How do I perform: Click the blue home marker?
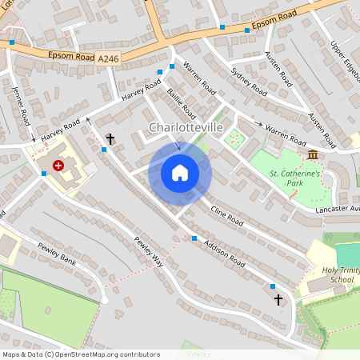click(x=180, y=173)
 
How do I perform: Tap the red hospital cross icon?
click(x=58, y=166)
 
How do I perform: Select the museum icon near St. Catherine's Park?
click(x=310, y=154)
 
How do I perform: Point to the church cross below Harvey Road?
click(x=110, y=139)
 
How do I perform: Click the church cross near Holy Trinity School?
click(x=278, y=299)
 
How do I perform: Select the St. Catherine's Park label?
click(x=295, y=178)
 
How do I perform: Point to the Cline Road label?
click(x=226, y=214)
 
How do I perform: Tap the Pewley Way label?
click(x=148, y=251)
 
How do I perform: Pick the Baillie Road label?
click(x=182, y=106)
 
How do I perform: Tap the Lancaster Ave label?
click(x=337, y=208)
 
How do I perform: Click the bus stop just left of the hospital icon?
click(x=43, y=172)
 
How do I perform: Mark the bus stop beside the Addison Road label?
click(x=194, y=238)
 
